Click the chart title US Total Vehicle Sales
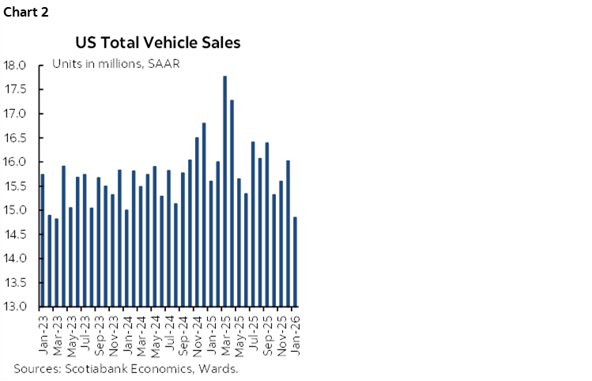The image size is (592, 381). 157,42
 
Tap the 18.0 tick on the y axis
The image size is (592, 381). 16,65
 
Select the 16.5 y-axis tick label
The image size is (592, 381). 16,138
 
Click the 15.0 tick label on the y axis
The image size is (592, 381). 16,210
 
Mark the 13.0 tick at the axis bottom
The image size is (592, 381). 16,307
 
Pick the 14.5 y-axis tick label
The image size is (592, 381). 16,235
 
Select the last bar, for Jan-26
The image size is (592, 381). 295,262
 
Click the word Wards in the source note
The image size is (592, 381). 221,368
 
